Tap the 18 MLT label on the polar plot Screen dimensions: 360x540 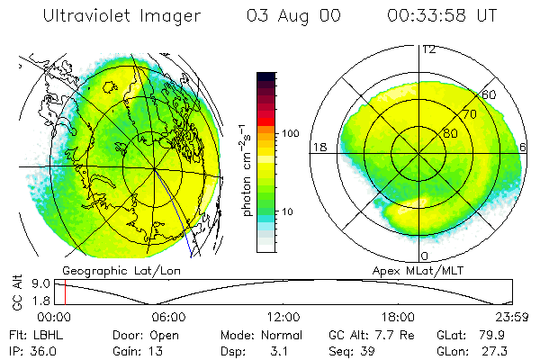318,148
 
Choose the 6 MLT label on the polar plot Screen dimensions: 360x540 524,148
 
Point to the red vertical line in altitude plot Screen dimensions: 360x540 65,292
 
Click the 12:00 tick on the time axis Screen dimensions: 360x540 283,317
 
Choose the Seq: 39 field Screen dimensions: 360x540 355,349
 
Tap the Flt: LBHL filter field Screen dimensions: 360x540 36,334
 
